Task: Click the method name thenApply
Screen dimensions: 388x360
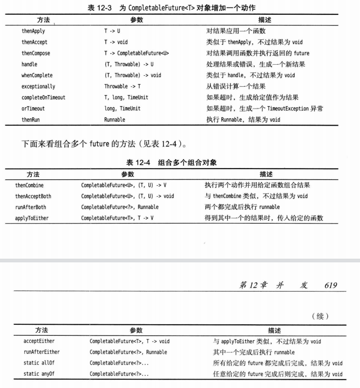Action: tap(33, 31)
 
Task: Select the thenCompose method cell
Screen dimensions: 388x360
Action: tap(36, 53)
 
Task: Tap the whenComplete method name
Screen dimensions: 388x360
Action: tap(37, 75)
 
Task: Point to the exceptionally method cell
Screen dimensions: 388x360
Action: tap(38, 86)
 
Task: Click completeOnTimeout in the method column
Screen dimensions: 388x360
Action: tap(43, 97)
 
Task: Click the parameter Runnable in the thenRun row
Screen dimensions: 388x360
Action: tap(115, 120)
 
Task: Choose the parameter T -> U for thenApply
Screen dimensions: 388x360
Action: tap(112, 31)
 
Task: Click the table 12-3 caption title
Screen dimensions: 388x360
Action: tap(171, 8)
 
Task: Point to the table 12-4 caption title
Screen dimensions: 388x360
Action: tap(171, 162)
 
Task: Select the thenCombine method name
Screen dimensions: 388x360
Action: tap(30, 185)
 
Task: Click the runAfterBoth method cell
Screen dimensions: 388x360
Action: tap(31, 207)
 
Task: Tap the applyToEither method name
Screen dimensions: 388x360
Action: tap(32, 218)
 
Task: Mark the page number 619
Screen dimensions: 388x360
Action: tap(330, 285)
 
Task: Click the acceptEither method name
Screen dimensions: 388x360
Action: tap(39, 341)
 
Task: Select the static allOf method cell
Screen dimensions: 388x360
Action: tap(38, 363)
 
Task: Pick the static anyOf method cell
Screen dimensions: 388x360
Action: tap(38, 374)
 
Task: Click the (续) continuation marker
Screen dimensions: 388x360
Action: tap(320, 316)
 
